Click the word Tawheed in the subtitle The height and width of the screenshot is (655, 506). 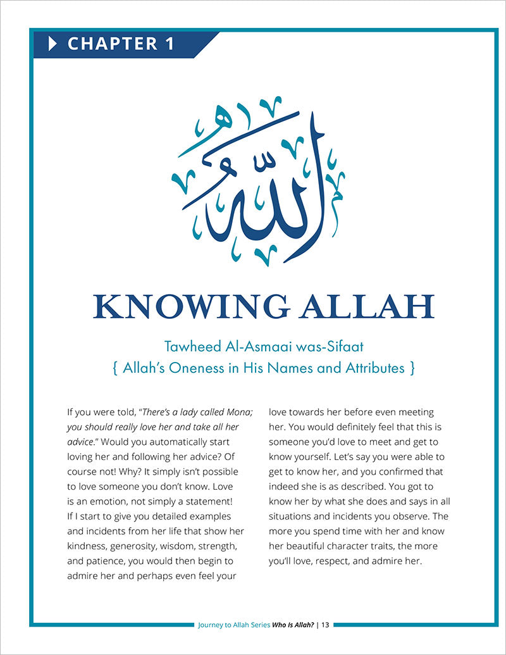point(190,347)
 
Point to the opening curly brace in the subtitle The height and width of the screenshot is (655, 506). point(115,368)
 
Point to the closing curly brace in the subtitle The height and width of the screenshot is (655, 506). point(412,368)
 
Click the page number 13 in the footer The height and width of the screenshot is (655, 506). point(325,625)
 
